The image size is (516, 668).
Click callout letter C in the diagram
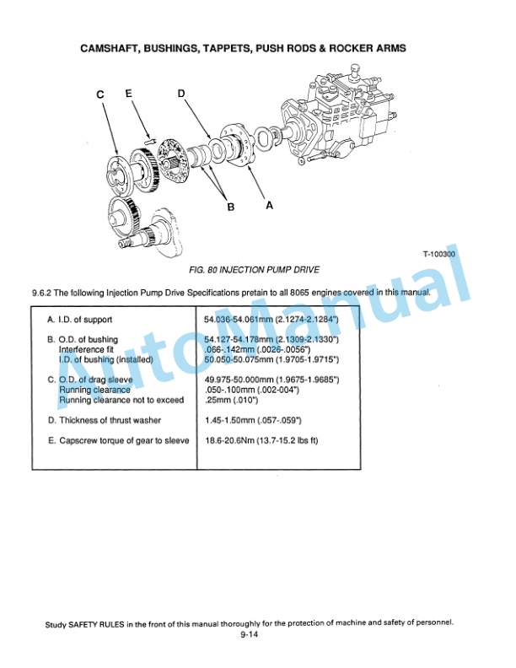(100, 95)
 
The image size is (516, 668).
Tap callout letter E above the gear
(129, 94)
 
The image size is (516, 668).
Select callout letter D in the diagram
(181, 94)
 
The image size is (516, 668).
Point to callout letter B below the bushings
(228, 205)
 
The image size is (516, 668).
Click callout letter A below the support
(269, 204)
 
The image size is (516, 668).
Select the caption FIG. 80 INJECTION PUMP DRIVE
(255, 270)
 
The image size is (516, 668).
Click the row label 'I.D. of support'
(80, 320)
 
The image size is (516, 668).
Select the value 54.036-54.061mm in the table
(235, 320)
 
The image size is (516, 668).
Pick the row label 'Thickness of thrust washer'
(105, 420)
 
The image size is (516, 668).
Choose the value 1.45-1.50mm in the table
(228, 420)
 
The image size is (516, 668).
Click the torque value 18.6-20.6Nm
(230, 440)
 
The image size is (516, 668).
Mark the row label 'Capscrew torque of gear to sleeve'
(118, 440)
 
